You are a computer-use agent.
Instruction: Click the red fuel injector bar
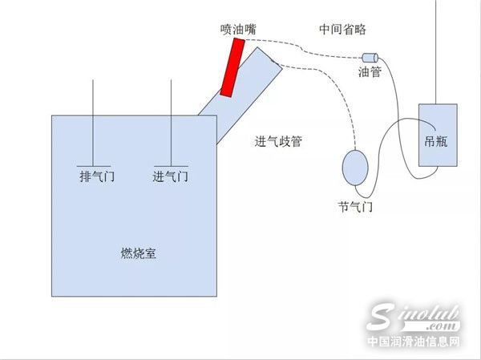click(x=232, y=67)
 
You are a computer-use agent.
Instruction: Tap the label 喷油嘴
click(x=238, y=30)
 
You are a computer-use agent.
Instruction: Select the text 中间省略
click(x=342, y=29)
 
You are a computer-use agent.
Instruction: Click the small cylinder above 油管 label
click(x=370, y=58)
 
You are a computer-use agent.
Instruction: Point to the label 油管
click(x=370, y=72)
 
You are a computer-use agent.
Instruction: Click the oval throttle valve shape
click(x=355, y=168)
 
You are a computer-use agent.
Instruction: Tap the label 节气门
click(x=355, y=207)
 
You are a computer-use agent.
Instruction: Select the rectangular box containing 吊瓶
click(x=438, y=135)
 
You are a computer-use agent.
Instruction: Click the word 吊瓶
click(x=436, y=141)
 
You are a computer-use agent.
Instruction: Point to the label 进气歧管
click(x=278, y=141)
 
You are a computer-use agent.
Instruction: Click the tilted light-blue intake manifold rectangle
click(x=240, y=95)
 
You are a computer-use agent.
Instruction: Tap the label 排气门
click(x=97, y=176)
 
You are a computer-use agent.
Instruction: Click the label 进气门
click(x=171, y=176)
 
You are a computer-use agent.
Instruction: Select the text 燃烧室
click(x=139, y=253)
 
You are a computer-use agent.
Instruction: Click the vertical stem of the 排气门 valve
click(x=93, y=123)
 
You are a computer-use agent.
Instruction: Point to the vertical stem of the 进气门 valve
click(x=172, y=123)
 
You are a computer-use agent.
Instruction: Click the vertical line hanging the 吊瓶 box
click(x=435, y=52)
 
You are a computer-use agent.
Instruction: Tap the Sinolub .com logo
click(x=414, y=318)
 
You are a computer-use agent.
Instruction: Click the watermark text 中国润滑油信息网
click(x=414, y=341)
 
